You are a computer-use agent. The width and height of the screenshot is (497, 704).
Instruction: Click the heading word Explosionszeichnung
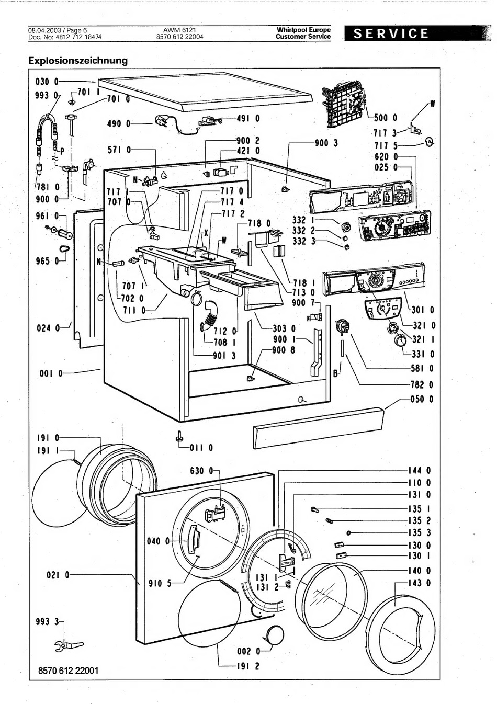(x=78, y=60)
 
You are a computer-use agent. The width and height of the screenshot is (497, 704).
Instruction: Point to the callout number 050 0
(x=422, y=400)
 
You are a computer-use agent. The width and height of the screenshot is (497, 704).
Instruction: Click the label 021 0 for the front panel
(x=58, y=575)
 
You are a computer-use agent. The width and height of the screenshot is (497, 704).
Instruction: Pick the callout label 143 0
(x=420, y=583)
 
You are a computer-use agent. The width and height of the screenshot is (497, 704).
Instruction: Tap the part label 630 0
(x=202, y=471)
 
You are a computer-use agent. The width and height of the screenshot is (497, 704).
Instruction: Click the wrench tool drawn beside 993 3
(x=62, y=647)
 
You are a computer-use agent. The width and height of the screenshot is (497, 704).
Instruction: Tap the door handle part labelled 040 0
(x=194, y=539)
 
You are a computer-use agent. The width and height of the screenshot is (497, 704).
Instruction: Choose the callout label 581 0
(x=422, y=368)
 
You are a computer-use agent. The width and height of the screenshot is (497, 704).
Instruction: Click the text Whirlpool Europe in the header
(x=303, y=30)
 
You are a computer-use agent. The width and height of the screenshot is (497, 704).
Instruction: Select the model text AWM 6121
(x=179, y=30)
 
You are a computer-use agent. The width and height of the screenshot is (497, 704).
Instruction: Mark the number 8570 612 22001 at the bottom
(x=68, y=671)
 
